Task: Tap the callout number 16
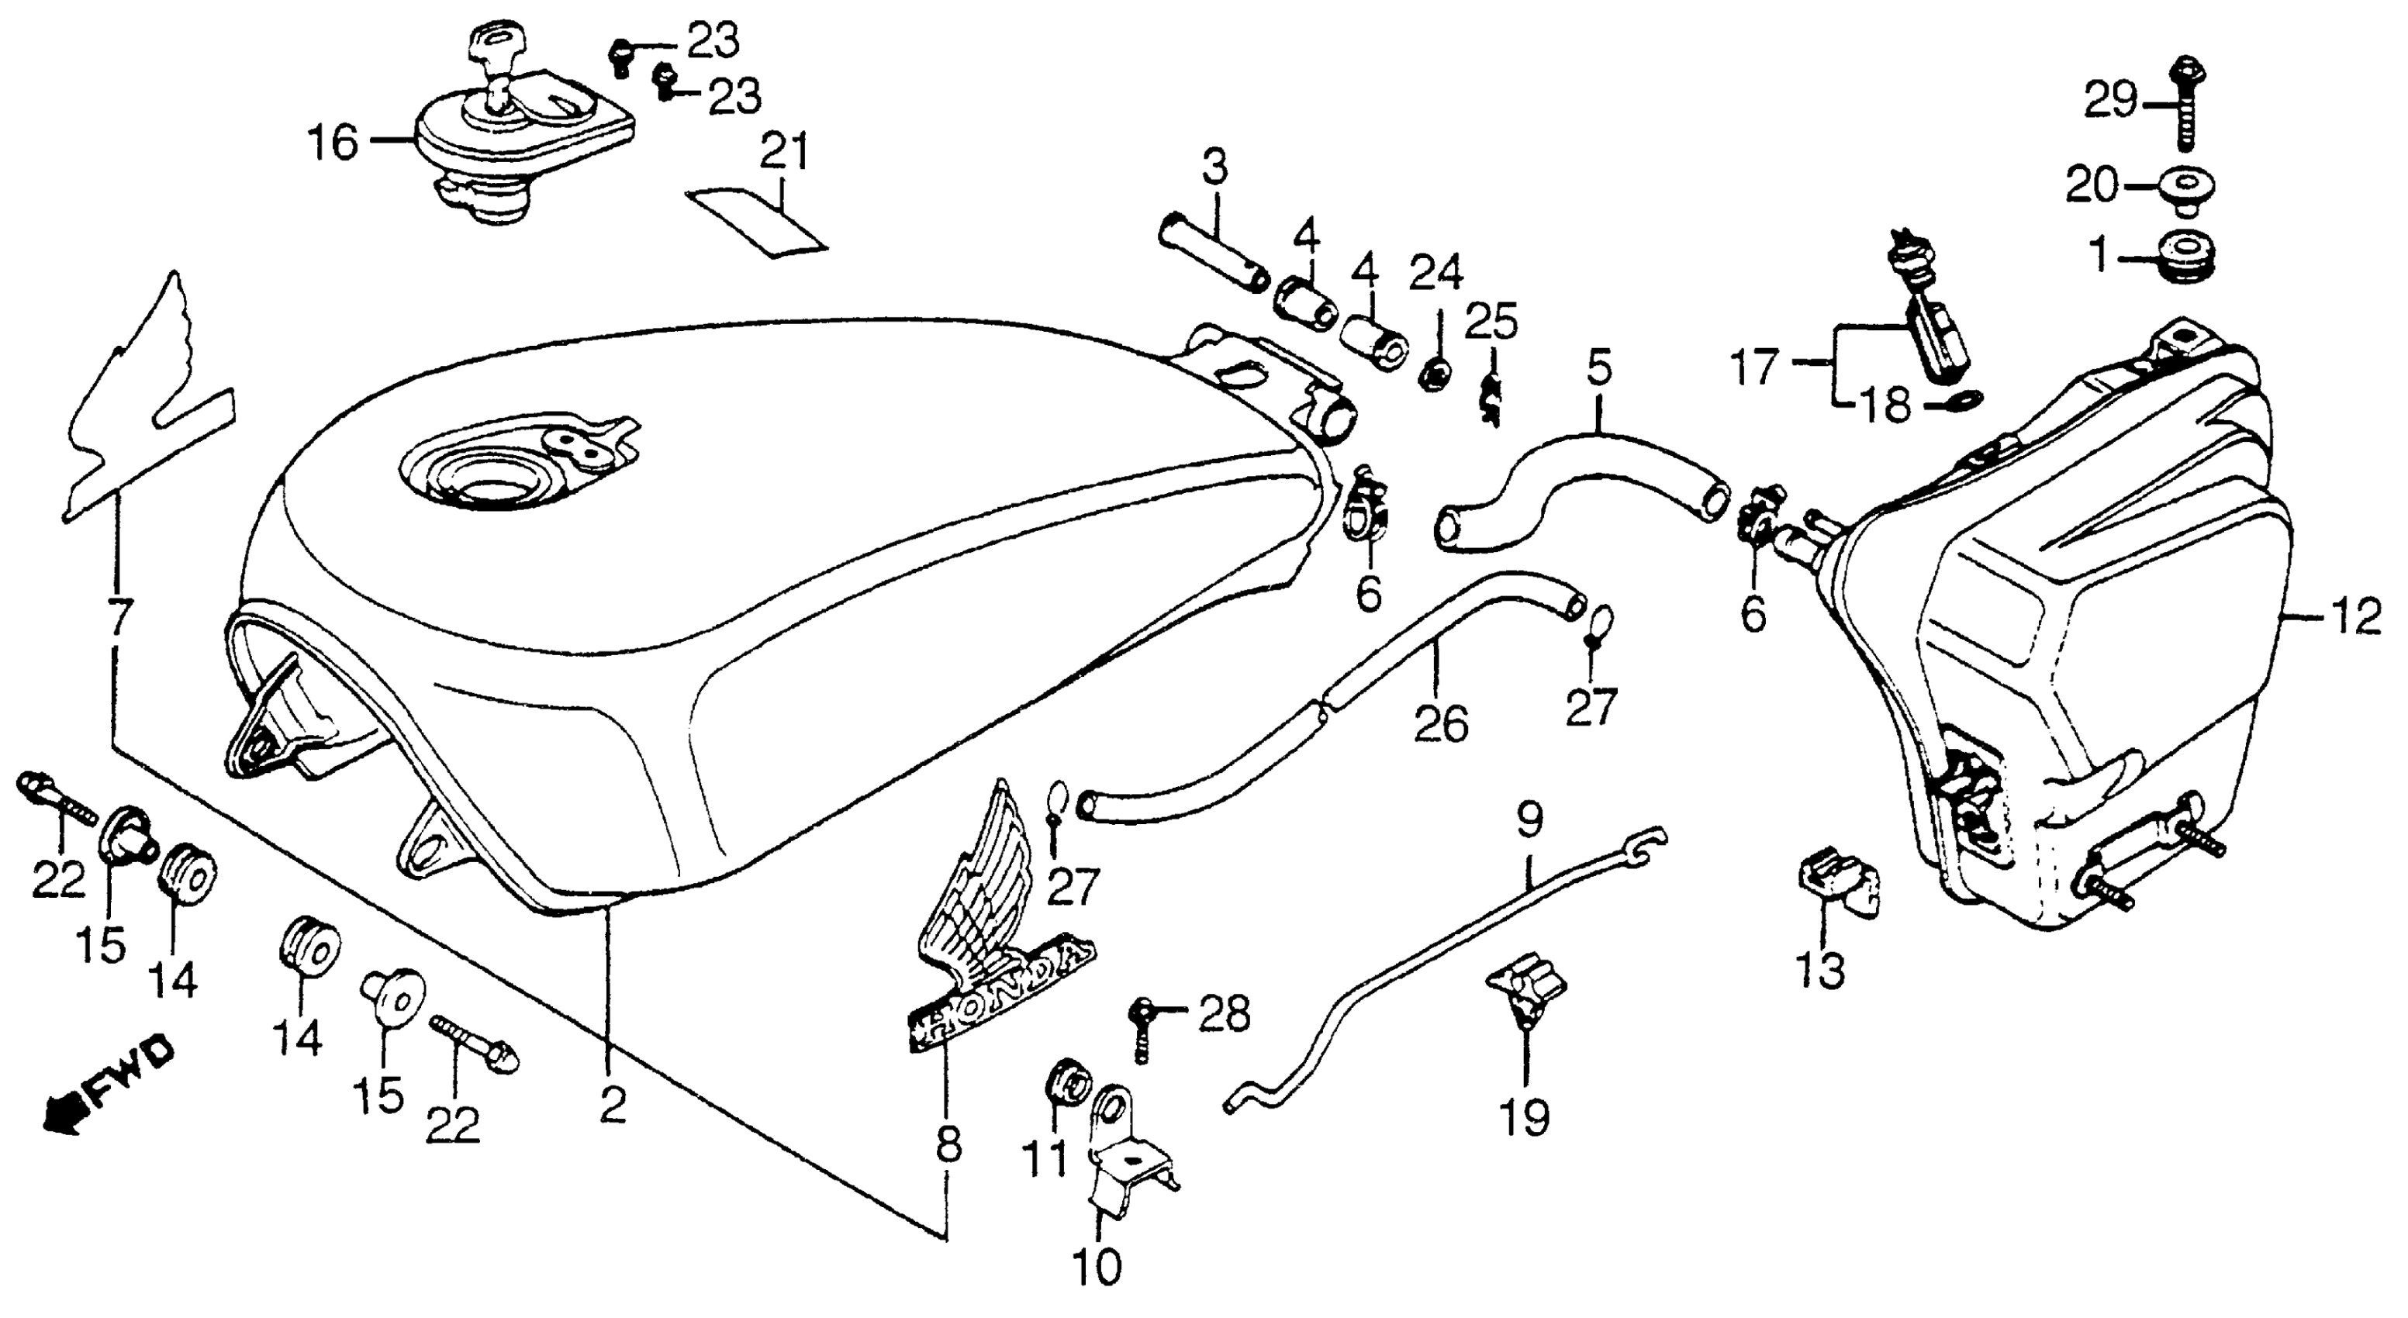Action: (x=333, y=144)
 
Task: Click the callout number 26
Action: (x=1440, y=724)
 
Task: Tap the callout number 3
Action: (x=1214, y=170)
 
